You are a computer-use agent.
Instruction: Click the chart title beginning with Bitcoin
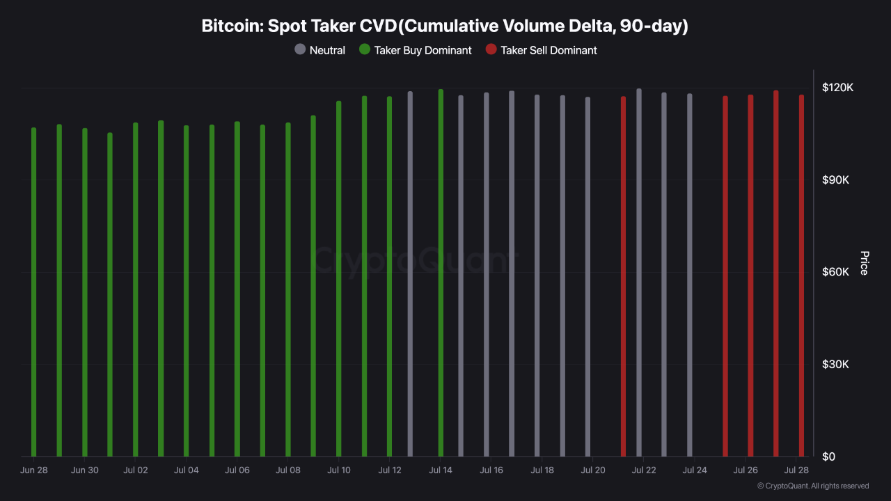445,26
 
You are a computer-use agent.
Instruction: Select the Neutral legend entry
326,50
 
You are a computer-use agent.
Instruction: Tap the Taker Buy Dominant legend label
423,50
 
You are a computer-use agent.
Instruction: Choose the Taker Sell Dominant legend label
549,50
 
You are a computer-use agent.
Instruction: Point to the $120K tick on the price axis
837,88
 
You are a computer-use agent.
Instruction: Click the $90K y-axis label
835,180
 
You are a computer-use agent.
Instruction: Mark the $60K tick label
835,272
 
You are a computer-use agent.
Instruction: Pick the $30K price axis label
835,365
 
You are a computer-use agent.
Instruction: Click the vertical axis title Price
864,263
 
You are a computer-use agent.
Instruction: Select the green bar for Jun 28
33,292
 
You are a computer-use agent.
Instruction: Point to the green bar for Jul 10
339,278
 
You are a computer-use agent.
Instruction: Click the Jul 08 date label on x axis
287,470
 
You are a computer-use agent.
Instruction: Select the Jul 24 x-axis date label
694,470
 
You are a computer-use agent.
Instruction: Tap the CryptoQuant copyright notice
812,486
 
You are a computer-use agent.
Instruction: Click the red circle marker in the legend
491,50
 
